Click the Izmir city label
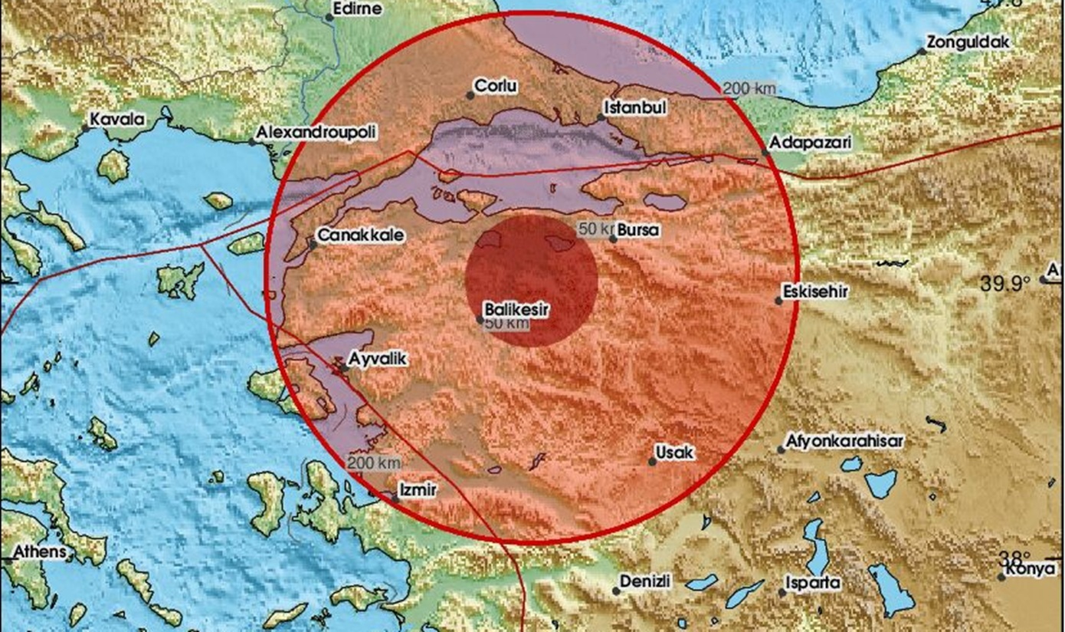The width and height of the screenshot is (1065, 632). pos(418,489)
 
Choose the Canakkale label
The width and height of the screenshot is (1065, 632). pos(360,235)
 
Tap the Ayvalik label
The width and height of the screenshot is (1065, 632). pos(376,357)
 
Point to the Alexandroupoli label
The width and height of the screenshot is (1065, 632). pos(316,132)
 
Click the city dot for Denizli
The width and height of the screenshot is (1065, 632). pos(616,590)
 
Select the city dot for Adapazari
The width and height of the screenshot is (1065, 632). pos(765,153)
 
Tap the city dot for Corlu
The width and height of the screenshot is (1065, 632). pos(470,95)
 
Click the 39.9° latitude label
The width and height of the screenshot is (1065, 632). pos(1005,285)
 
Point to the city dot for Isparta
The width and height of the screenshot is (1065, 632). pos(782,591)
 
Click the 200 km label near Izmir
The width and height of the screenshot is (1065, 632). pos(373,463)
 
